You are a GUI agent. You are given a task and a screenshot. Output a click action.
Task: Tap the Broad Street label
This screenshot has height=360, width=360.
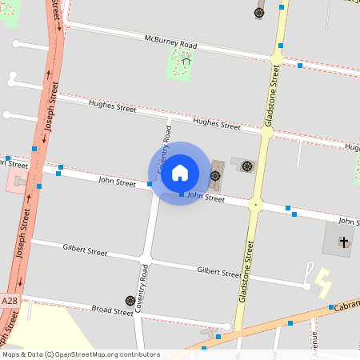112,310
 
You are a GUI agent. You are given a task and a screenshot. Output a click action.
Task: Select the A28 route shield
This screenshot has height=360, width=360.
10,300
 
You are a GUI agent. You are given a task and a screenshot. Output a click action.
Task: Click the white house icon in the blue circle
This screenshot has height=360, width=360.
180,172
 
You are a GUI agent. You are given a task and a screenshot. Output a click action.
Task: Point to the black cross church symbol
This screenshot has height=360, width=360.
344,241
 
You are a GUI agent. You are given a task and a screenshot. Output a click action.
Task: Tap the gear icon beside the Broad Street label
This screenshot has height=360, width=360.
130,301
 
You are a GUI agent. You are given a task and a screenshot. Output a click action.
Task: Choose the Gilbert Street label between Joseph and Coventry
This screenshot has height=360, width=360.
85,250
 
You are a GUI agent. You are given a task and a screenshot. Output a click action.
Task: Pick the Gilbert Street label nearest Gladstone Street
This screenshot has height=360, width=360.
218,273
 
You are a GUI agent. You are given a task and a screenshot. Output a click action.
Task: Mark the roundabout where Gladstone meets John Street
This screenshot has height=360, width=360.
255,205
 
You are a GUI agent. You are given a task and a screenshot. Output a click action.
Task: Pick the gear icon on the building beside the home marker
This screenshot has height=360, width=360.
215,175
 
